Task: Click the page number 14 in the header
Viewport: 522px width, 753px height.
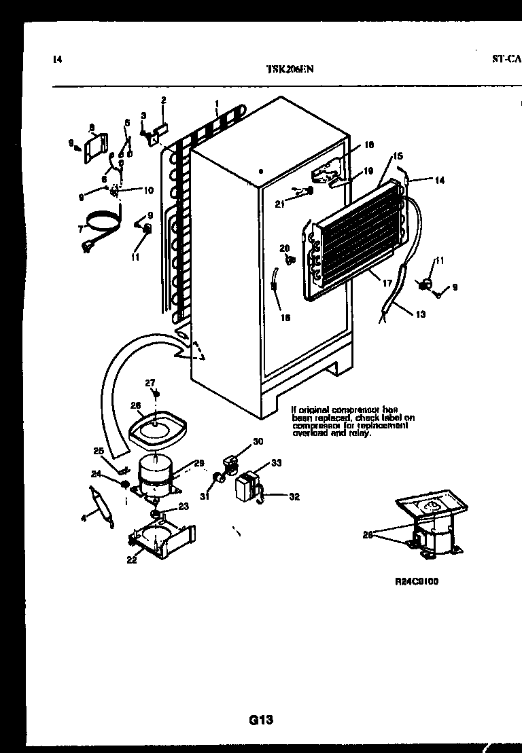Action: tap(57, 60)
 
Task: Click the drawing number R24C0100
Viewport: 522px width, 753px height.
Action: tap(411, 582)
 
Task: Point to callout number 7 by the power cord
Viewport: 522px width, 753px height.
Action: tap(81, 229)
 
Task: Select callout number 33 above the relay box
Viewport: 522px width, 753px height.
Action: tap(276, 463)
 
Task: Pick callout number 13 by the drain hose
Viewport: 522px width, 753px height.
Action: tap(421, 314)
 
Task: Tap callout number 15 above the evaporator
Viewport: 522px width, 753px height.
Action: tap(397, 158)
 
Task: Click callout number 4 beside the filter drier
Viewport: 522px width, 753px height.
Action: tap(84, 518)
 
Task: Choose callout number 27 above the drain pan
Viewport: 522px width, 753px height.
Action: tap(150, 382)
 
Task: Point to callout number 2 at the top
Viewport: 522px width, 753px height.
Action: tap(163, 100)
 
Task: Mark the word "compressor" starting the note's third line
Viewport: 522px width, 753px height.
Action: tap(315, 425)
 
